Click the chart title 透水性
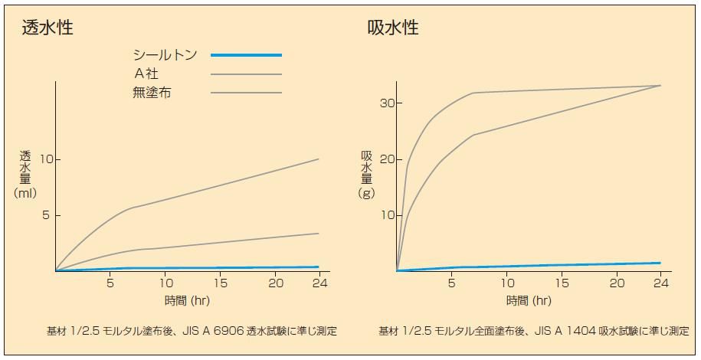[x=47, y=28]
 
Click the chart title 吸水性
[x=393, y=28]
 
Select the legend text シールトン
[x=165, y=55]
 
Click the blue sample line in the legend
[x=246, y=55]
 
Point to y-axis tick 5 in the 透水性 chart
[x=45, y=215]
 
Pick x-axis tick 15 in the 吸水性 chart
[x=562, y=283]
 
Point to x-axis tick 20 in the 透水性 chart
[x=277, y=283]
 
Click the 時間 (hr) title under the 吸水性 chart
[x=529, y=300]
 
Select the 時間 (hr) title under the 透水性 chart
[x=187, y=300]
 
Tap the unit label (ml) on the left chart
[x=25, y=193]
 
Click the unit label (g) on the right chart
[x=367, y=193]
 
